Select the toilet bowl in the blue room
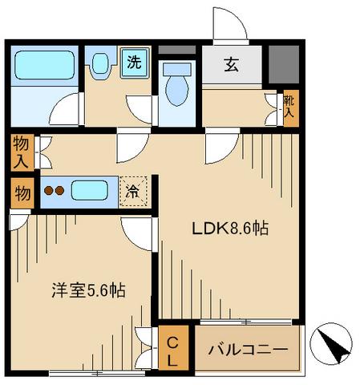pos(176,91)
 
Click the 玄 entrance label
pos(230,65)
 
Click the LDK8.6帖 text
pos(229,228)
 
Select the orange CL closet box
pos(172,351)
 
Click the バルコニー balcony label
pos(249,350)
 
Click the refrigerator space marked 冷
pos(133,192)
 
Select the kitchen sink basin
pos(89,192)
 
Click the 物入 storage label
pos(22,152)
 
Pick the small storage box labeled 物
pos(22,192)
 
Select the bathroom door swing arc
pos(68,108)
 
